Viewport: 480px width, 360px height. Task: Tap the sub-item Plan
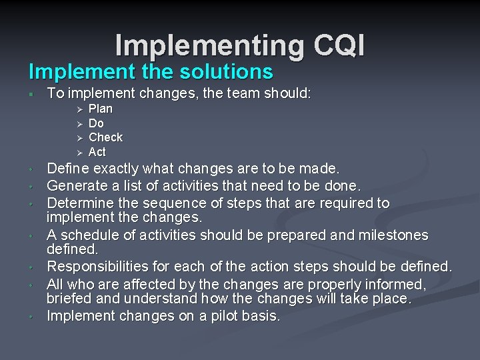[x=101, y=109]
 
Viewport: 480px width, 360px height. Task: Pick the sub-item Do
[x=96, y=123]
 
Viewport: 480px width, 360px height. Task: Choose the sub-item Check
[x=105, y=137]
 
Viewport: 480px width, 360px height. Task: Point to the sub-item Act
[x=97, y=152]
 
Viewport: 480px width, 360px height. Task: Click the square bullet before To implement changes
[x=31, y=94]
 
